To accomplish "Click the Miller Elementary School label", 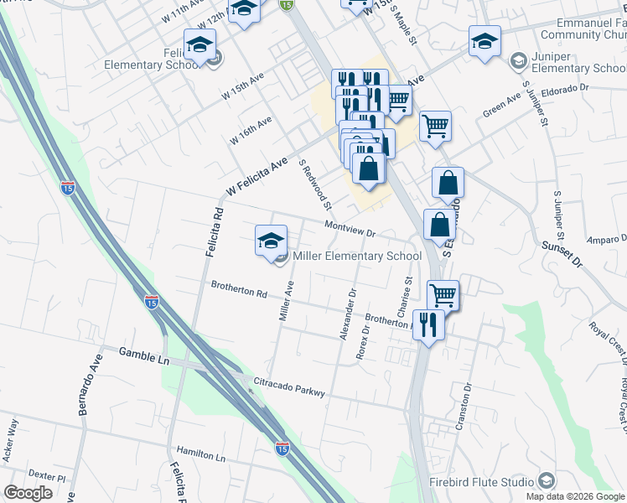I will pyautogui.click(x=356, y=256).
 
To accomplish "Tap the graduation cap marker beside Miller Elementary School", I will pyautogui.click(x=271, y=241).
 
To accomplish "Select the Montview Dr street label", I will pyautogui.click(x=349, y=228).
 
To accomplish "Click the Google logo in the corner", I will pyautogui.click(x=28, y=493).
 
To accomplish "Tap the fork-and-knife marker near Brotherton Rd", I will pyautogui.click(x=428, y=324).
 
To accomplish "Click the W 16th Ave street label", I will pyautogui.click(x=251, y=132).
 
